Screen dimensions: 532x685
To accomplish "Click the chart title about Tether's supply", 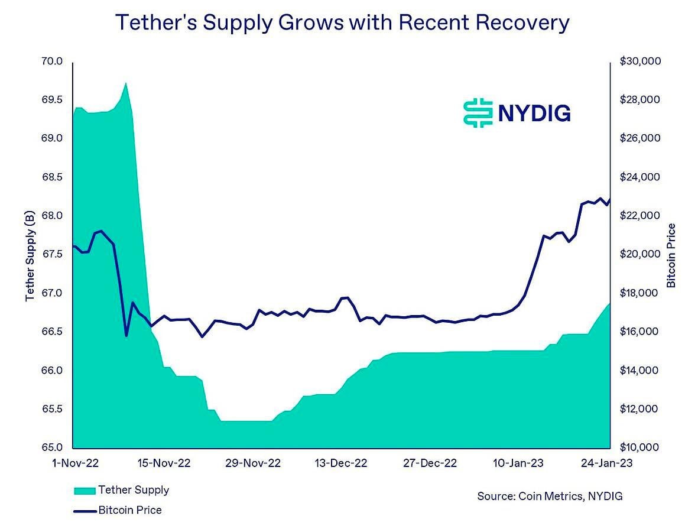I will [342, 23].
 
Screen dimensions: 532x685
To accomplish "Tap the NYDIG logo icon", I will [478, 112].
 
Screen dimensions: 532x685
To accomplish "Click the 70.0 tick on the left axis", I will [52, 61].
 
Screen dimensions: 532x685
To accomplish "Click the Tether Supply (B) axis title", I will [30, 255].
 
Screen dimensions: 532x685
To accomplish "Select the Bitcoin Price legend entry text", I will [129, 510].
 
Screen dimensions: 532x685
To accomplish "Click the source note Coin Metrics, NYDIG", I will [550, 496].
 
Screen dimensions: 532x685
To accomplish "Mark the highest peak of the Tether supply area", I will [125, 83].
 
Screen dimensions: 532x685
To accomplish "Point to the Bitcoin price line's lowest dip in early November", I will [126, 336].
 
